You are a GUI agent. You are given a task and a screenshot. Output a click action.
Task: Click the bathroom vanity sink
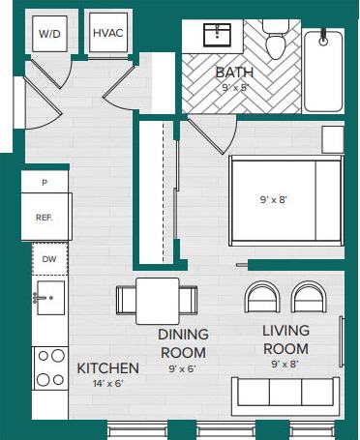coord(214,37)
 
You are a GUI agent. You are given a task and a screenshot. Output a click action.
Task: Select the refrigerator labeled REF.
coord(45,218)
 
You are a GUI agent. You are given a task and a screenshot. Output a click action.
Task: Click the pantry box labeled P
coord(45,182)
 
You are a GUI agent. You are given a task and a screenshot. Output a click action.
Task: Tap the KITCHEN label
coord(108,368)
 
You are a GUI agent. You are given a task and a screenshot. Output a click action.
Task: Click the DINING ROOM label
coord(183,342)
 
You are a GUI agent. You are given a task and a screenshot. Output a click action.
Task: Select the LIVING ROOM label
coord(285,339)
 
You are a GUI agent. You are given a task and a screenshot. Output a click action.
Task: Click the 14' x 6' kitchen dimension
coord(108,384)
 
